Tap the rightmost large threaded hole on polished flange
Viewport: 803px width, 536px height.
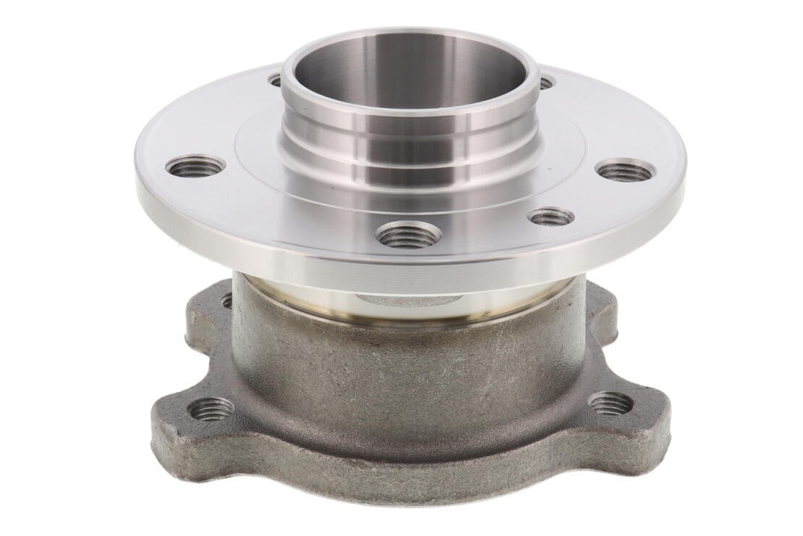coord(626,171)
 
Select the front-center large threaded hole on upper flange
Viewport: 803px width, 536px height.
coord(409,234)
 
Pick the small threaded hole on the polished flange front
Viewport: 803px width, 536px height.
coord(551,216)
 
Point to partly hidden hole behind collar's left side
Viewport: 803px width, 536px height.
coord(275,79)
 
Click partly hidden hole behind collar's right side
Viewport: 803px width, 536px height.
coord(545,83)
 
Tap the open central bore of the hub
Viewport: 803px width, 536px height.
coord(409,69)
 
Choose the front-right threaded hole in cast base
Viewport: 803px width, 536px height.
coord(610,403)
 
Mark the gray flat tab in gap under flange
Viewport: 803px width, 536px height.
coord(409,298)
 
